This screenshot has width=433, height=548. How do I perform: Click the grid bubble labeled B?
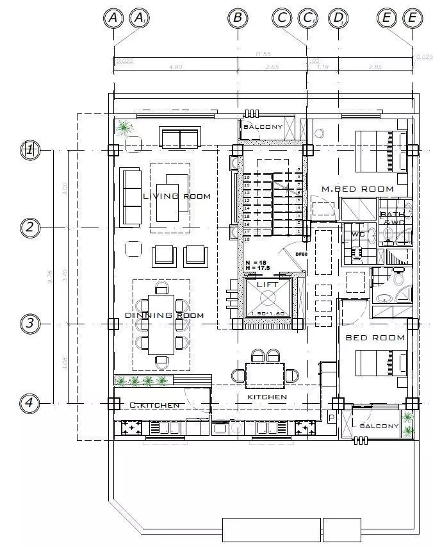click(238, 18)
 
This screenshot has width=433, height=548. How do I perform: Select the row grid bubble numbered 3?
click(29, 324)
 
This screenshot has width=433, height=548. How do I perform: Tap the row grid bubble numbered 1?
click(29, 150)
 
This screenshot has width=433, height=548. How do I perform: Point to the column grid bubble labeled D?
click(338, 18)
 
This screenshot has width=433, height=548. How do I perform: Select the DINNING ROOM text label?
click(165, 315)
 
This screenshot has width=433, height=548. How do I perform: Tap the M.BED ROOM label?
click(357, 189)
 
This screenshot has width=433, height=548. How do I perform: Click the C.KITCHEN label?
click(154, 406)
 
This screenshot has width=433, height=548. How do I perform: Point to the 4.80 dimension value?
click(176, 67)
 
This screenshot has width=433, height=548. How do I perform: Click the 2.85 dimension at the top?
click(375, 67)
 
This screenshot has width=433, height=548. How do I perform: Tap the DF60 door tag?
click(301, 254)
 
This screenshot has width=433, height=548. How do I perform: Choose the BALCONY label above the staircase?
click(263, 127)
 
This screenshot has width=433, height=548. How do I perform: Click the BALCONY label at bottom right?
click(379, 426)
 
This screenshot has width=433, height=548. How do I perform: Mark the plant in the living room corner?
click(124, 128)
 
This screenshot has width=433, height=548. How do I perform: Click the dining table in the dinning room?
click(161, 324)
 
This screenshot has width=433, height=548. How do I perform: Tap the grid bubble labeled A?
click(113, 18)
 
